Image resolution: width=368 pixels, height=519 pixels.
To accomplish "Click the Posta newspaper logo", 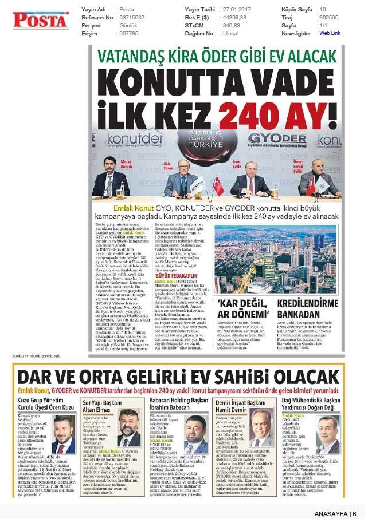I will click(41, 21).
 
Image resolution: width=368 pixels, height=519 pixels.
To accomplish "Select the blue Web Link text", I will click(330, 33).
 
